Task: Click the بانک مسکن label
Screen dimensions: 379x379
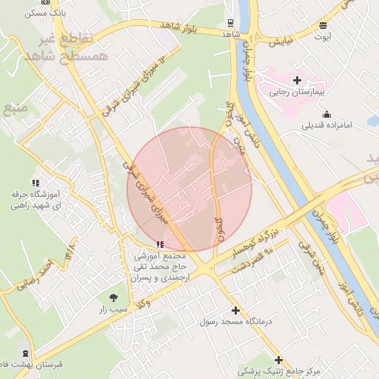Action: (x=44, y=14)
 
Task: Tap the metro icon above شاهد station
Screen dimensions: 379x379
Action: (x=231, y=22)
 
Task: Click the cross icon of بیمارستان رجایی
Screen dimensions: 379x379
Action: (x=297, y=80)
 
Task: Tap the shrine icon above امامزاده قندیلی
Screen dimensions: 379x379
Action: (x=326, y=114)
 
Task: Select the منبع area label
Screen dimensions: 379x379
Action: (x=15, y=110)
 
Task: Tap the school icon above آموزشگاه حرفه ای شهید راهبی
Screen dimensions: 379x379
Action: (x=35, y=182)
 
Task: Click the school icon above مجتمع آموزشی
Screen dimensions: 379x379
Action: (x=161, y=244)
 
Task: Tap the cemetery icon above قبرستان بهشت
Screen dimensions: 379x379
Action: (x=27, y=354)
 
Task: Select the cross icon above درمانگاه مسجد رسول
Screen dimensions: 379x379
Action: (x=236, y=311)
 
